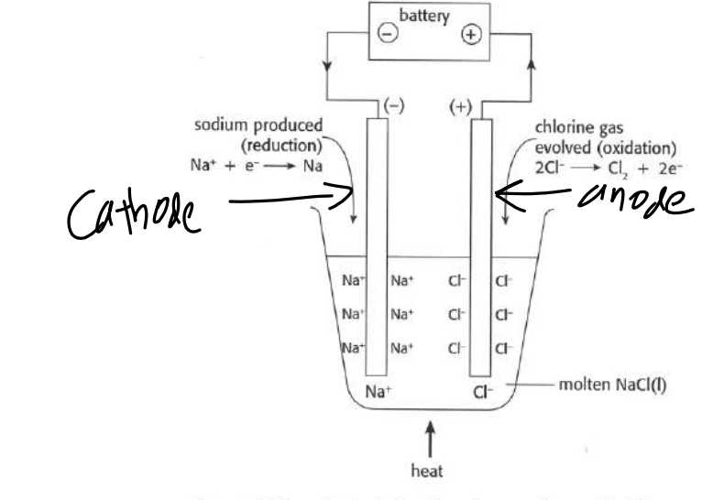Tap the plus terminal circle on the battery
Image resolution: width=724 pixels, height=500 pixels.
click(471, 36)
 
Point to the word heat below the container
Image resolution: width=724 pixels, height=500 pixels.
click(429, 470)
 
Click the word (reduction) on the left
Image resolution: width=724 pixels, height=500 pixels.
click(280, 145)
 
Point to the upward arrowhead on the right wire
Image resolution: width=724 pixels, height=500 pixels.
click(532, 69)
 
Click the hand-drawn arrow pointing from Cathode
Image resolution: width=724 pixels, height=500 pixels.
click(292, 195)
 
